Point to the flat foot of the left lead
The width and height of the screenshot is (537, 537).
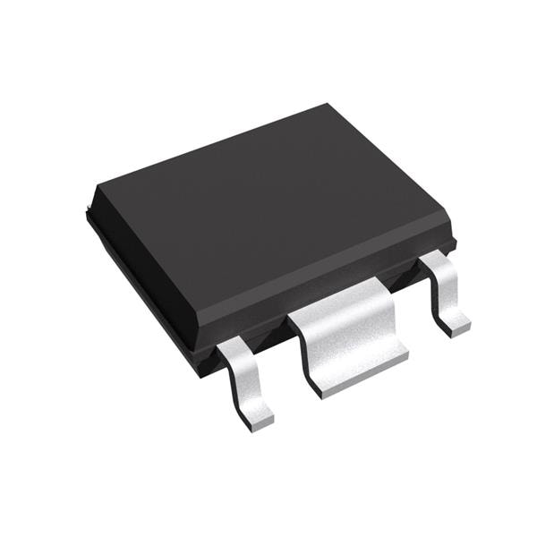coord(258,414)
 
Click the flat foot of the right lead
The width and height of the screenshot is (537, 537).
coord(457,324)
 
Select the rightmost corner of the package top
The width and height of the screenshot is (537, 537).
coord(453,236)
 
